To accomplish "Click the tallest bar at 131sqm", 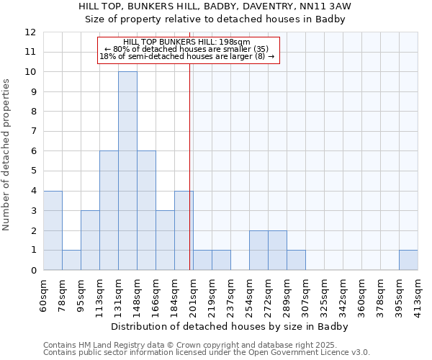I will (127, 171).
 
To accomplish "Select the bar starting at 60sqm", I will (53, 230).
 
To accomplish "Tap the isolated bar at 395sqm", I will (408, 260).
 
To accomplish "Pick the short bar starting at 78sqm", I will (71, 260).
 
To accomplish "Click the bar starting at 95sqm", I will (90, 240).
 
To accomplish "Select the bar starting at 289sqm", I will (296, 260).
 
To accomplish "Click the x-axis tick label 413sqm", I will (418, 295).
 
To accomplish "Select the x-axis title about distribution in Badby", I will (230, 326).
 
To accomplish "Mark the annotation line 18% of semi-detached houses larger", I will (186, 56).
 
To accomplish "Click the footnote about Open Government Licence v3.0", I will (207, 353).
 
